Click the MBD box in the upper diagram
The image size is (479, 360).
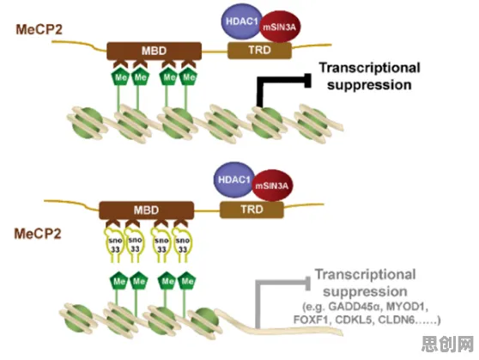[x=154, y=51]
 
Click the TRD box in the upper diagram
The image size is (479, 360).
[x=259, y=50]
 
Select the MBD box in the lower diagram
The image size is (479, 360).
[x=146, y=211]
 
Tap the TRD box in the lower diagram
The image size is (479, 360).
[x=252, y=210]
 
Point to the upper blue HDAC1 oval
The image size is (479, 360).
[x=240, y=21]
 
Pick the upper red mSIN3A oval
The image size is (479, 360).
[x=280, y=27]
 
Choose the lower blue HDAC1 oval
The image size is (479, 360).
[x=233, y=180]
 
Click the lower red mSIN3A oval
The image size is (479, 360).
[x=272, y=186]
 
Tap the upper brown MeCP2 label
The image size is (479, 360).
[x=39, y=30]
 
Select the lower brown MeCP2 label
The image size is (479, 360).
[x=38, y=234]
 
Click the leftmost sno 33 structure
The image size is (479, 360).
[x=115, y=245]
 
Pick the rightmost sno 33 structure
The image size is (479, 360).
[x=182, y=245]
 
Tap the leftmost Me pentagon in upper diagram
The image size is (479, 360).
[x=120, y=77]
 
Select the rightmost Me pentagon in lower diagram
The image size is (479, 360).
[x=187, y=280]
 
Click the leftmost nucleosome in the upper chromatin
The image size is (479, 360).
[x=88, y=123]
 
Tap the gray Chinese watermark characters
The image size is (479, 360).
[x=447, y=344]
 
